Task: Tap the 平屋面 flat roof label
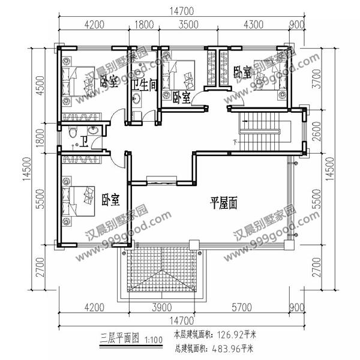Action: tap(224, 203)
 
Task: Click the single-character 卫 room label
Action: tap(85, 142)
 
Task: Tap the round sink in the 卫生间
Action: tap(137, 99)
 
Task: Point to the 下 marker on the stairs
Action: tap(235, 142)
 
